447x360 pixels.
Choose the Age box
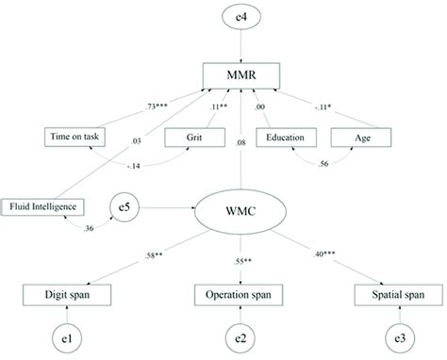click(x=362, y=138)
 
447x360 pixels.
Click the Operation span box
click(x=240, y=296)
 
